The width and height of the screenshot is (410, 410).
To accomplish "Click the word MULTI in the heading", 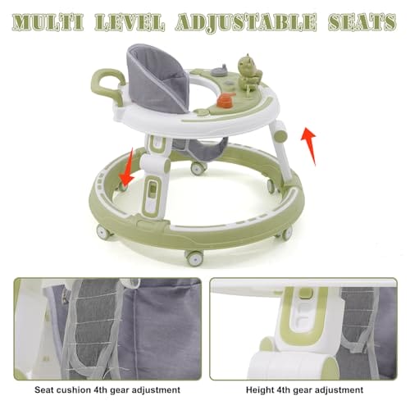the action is pyautogui.click(x=48, y=22).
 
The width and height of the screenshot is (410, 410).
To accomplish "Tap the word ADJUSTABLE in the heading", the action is pyautogui.click(x=246, y=22).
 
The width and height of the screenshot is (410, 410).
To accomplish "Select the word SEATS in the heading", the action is pyautogui.click(x=362, y=22).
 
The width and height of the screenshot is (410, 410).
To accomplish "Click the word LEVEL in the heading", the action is pyautogui.click(x=130, y=22).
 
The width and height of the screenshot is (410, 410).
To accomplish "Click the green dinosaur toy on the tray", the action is pyautogui.click(x=248, y=70).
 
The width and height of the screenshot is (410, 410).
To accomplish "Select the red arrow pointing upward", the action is pyautogui.click(x=309, y=146).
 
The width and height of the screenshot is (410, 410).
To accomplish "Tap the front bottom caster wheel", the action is pyautogui.click(x=194, y=257).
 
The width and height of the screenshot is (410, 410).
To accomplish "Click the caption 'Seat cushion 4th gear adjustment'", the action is pyautogui.click(x=107, y=389).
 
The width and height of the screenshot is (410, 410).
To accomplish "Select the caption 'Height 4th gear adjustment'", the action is pyautogui.click(x=305, y=389).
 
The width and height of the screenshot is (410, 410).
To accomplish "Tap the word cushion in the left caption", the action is pyautogui.click(x=73, y=389).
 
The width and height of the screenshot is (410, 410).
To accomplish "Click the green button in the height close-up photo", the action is pyautogui.click(x=303, y=294).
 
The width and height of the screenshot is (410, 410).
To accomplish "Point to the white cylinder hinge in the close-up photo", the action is pyautogui.click(x=294, y=365).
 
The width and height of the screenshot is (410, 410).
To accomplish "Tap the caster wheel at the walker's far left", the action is pyautogui.click(x=104, y=232).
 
